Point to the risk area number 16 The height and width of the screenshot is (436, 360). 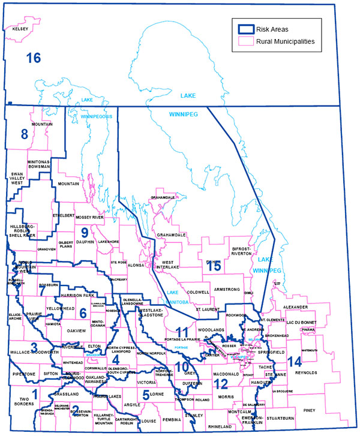[x=33, y=58]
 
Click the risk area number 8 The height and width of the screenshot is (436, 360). [x=25, y=134]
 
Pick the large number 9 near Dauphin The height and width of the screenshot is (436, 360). [x=85, y=232]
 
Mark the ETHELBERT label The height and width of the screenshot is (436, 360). [x=63, y=214]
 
